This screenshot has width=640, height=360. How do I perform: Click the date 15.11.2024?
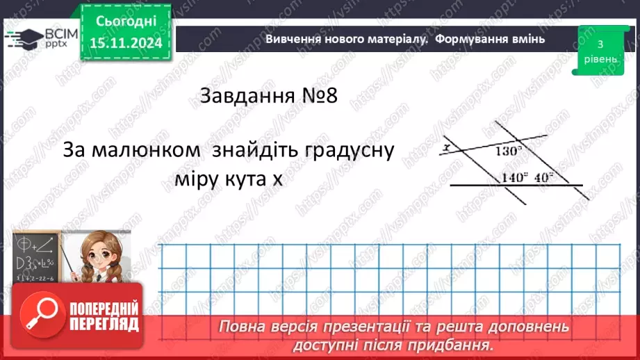tap(126, 43)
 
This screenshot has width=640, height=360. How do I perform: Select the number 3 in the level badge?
tap(599, 44)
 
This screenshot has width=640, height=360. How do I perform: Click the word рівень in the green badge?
tap(599, 59)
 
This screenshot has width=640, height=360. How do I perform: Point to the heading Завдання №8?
tap(268, 96)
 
